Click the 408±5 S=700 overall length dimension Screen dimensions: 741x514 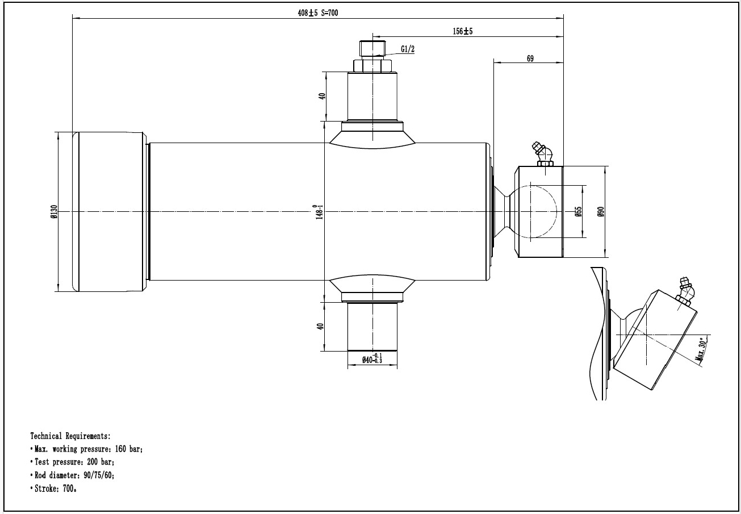click(x=317, y=13)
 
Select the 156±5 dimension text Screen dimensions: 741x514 click(x=462, y=31)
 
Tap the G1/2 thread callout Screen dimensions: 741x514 click(x=408, y=49)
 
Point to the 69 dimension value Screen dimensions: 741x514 click(x=530, y=58)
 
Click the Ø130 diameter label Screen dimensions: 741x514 click(x=55, y=211)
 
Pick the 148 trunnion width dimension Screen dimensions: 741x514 click(x=319, y=212)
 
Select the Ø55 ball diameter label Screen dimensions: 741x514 click(x=578, y=211)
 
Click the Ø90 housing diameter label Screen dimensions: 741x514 click(x=601, y=211)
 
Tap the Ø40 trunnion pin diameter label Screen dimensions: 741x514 click(x=372, y=359)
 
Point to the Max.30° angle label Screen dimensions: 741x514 click(x=702, y=349)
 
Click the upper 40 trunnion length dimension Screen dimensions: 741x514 click(x=322, y=96)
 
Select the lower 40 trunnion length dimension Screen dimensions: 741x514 click(x=320, y=327)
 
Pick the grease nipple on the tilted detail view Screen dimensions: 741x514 click(x=685, y=291)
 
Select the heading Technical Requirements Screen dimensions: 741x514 click(x=70, y=436)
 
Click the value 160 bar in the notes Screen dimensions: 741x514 click(x=129, y=449)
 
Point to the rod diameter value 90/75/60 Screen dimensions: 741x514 click(x=99, y=475)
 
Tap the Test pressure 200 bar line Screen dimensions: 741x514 click(x=73, y=462)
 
